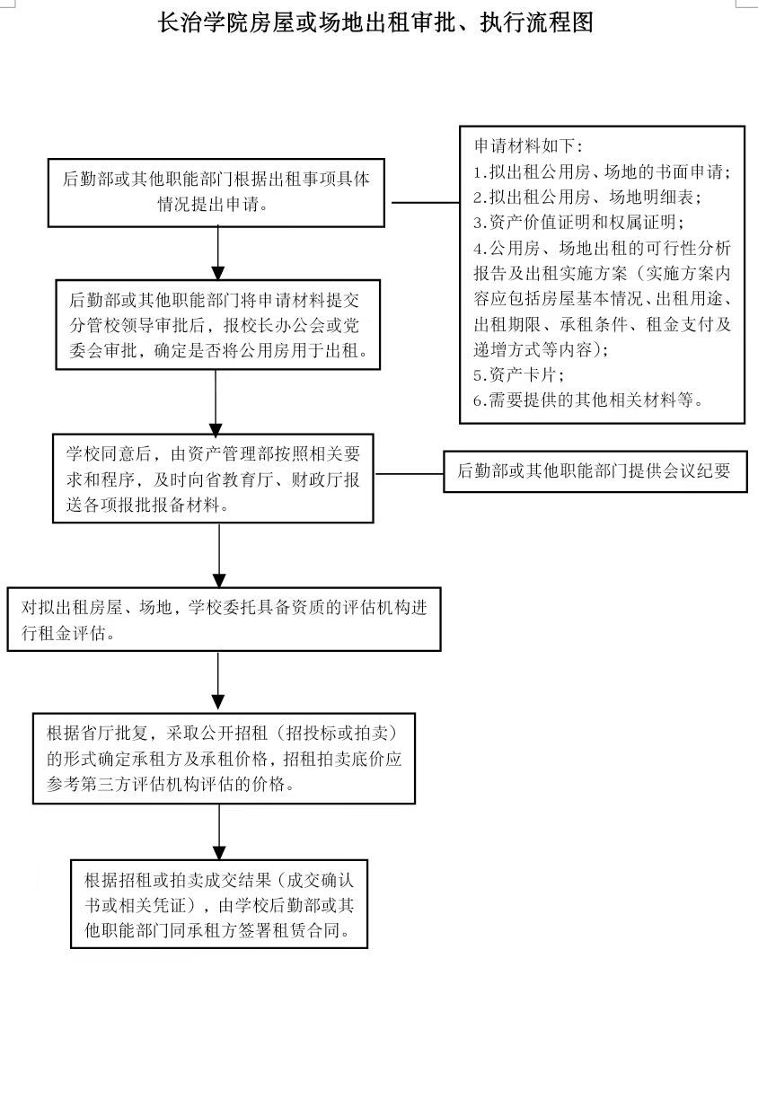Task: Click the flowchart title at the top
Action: point(375,22)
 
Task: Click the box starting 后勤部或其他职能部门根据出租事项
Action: point(216,192)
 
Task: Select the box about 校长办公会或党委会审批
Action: point(218,324)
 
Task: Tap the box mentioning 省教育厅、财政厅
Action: point(213,479)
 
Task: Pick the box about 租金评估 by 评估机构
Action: point(225,620)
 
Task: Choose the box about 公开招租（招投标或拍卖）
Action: point(224,759)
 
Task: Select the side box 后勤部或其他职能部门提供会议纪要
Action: point(595,471)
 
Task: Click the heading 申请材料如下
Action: point(528,145)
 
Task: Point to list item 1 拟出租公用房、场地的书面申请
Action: point(602,171)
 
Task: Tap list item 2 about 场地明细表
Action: point(587,198)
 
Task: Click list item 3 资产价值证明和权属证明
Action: point(579,223)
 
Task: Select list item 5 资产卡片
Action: point(518,375)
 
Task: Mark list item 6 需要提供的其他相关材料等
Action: point(588,400)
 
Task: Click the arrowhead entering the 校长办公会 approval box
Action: point(218,273)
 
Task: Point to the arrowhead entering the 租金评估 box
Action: point(219,581)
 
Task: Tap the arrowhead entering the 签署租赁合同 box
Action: point(219,853)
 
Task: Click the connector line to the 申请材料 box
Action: point(426,202)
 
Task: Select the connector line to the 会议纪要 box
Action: point(410,474)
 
